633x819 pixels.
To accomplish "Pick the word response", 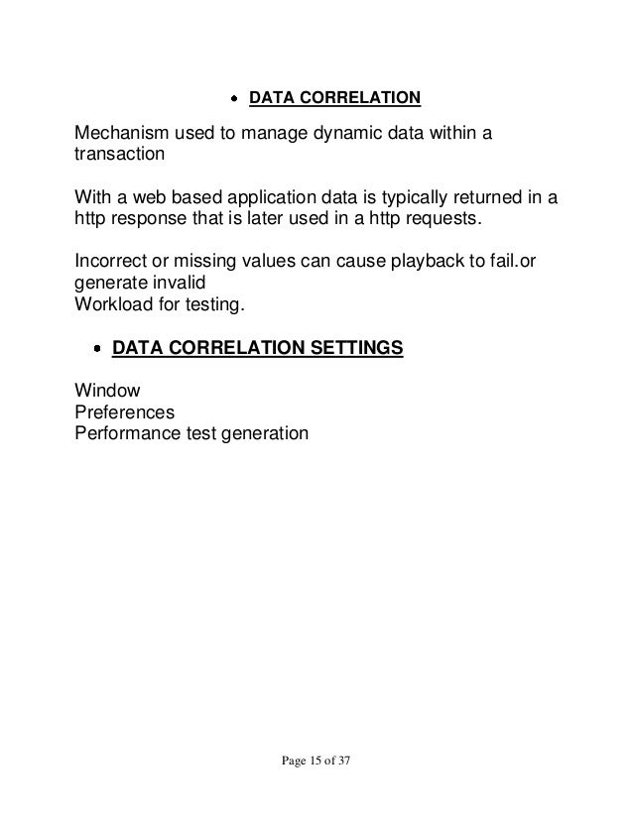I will point(151,221).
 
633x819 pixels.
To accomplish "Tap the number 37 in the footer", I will point(344,763).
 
